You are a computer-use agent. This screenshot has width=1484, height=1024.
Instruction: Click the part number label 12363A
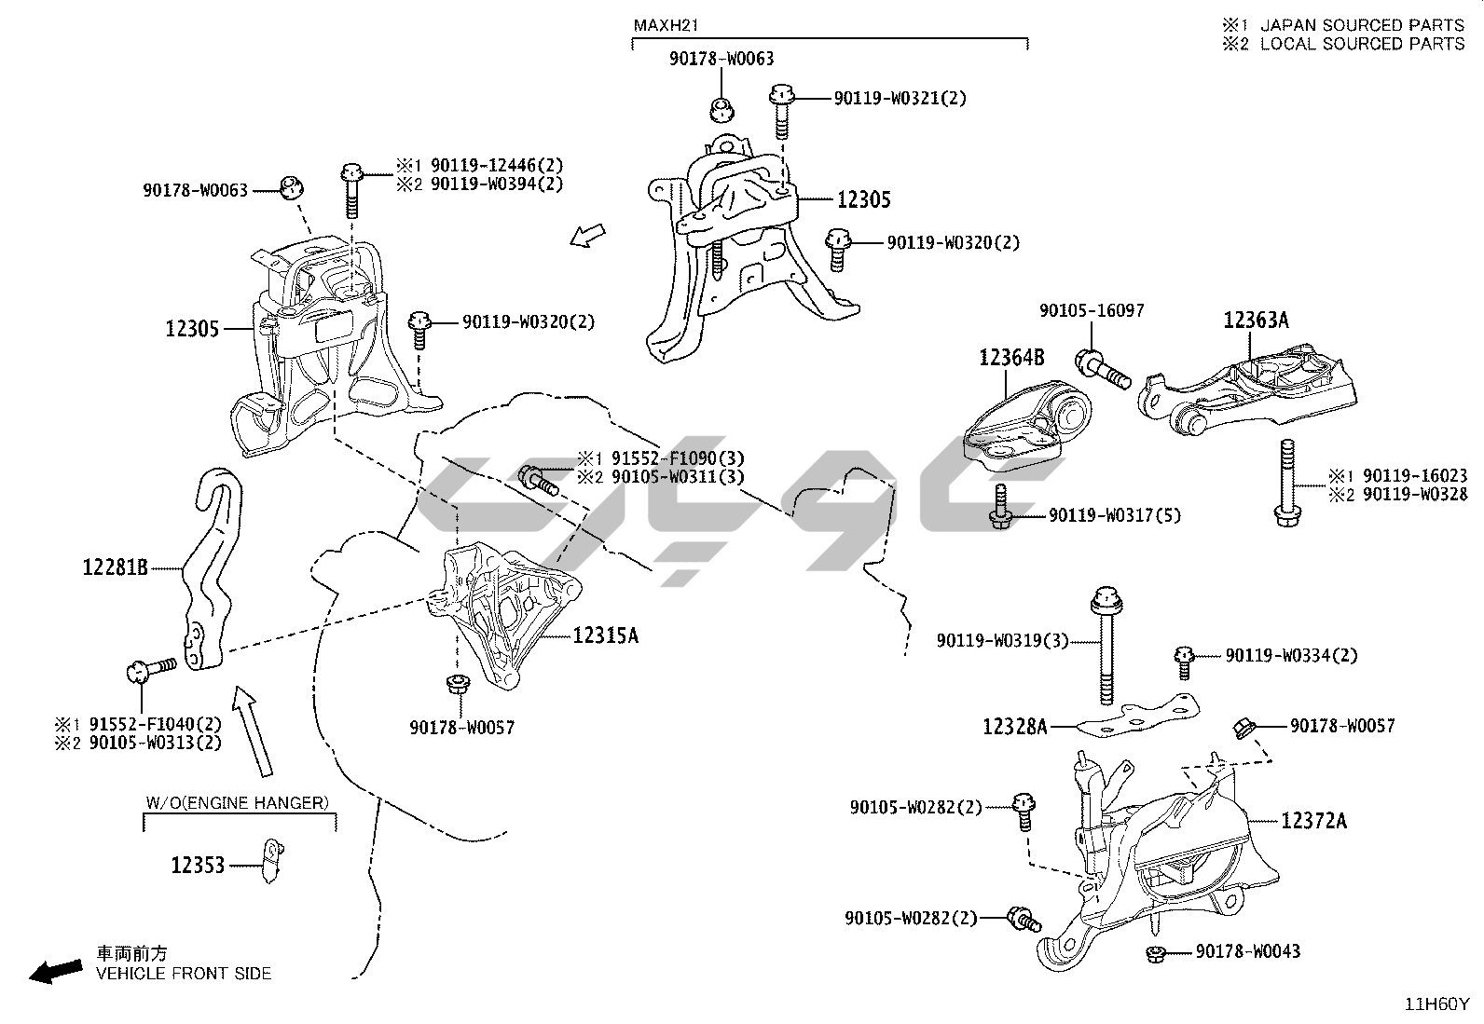(1256, 320)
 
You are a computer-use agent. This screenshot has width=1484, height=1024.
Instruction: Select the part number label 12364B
(1010, 356)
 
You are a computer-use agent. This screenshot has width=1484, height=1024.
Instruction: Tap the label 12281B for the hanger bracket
(115, 566)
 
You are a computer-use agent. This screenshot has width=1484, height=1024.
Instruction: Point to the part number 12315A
(605, 635)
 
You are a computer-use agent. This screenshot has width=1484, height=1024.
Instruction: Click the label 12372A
(1313, 820)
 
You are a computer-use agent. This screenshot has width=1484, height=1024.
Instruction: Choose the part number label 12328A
(1015, 726)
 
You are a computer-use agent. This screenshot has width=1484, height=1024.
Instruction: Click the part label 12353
(198, 865)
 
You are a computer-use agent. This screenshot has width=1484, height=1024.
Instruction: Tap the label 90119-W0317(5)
(1114, 514)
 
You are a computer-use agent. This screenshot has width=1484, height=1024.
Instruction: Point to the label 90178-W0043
(1247, 951)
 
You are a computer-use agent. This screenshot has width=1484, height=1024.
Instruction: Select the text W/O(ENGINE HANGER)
(238, 802)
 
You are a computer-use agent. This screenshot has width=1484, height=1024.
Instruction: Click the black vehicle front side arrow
(54, 972)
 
